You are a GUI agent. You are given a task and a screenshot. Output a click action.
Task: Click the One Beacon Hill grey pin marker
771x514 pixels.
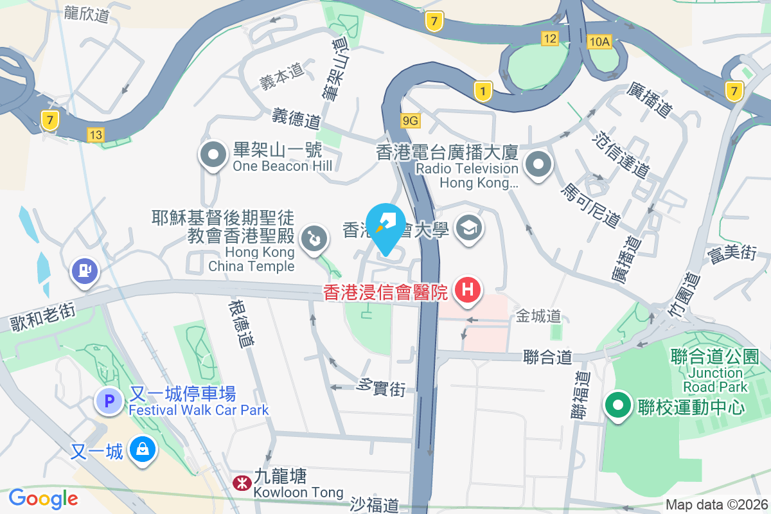[x=212, y=155]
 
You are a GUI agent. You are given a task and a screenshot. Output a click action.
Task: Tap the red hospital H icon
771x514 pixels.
[x=468, y=290]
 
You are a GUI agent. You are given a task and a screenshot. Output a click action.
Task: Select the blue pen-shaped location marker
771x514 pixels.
[x=385, y=226]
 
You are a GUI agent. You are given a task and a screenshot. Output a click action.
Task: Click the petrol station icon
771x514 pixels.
[x=84, y=270]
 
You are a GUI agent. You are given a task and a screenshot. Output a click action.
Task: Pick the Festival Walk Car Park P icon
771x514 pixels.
[x=109, y=402]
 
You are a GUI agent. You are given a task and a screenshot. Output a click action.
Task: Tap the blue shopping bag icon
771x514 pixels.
[x=141, y=450]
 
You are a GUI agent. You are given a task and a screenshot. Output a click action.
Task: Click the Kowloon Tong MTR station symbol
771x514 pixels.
[x=242, y=482]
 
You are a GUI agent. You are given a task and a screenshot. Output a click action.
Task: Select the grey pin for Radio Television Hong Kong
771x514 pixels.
[x=538, y=165]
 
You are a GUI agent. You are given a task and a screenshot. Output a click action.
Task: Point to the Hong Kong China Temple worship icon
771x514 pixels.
[x=315, y=239]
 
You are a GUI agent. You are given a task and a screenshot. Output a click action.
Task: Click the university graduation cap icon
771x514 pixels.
[x=468, y=227]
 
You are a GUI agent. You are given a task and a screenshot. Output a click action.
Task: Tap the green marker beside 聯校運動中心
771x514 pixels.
[x=619, y=406]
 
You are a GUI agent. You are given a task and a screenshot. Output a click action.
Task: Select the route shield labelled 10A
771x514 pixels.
[x=598, y=42]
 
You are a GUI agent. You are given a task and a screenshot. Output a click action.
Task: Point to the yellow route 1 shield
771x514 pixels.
[x=482, y=91]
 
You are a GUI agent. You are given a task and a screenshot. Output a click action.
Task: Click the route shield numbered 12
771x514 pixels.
[x=549, y=39]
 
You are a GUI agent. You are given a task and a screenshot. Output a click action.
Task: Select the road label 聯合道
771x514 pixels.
[x=547, y=357]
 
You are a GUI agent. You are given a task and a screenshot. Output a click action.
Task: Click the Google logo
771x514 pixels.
[x=43, y=498]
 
